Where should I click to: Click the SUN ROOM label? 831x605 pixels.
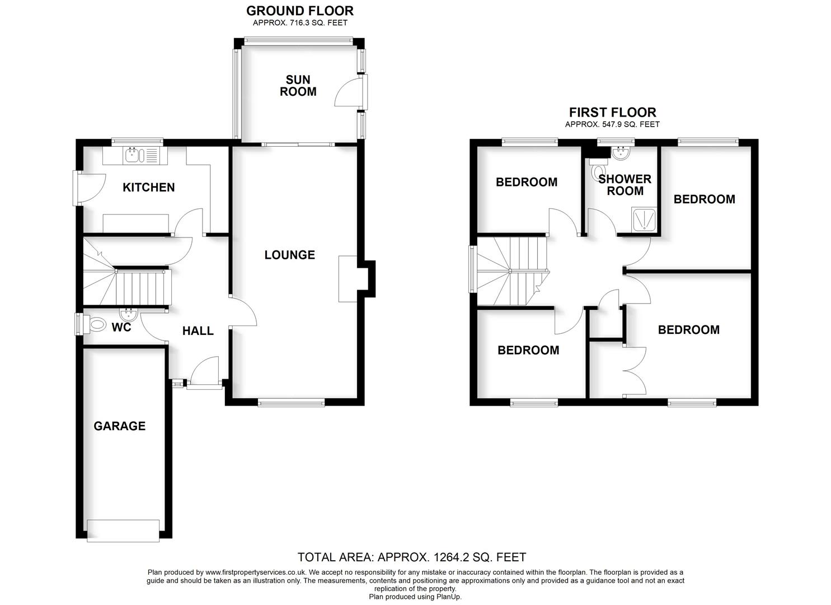298,86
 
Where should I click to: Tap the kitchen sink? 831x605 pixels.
137,155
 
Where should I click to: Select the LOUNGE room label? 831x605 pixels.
289,255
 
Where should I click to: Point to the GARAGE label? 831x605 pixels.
119,426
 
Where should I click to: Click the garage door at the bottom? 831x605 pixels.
123,530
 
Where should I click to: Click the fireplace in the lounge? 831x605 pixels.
348,279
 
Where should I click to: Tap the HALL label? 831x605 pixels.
198,331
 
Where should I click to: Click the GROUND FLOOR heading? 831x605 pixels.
300,11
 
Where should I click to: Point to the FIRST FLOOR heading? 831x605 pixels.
612,112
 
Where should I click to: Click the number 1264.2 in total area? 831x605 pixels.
452,557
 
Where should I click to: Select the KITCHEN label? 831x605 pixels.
148,187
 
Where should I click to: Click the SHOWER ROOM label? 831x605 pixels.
625,185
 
